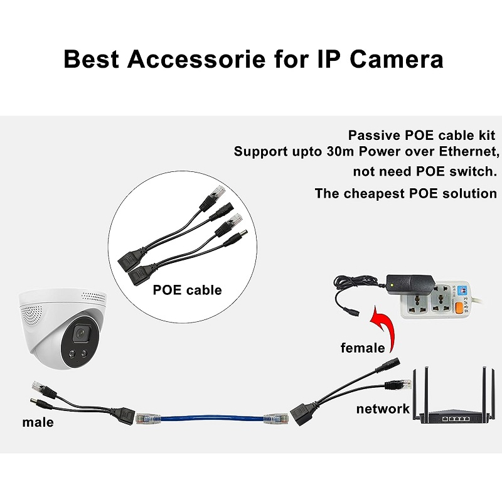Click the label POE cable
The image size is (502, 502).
pos(187,290)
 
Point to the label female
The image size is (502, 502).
pos(363,347)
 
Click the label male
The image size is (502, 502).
pos(38,422)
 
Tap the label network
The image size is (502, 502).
pos(383,409)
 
